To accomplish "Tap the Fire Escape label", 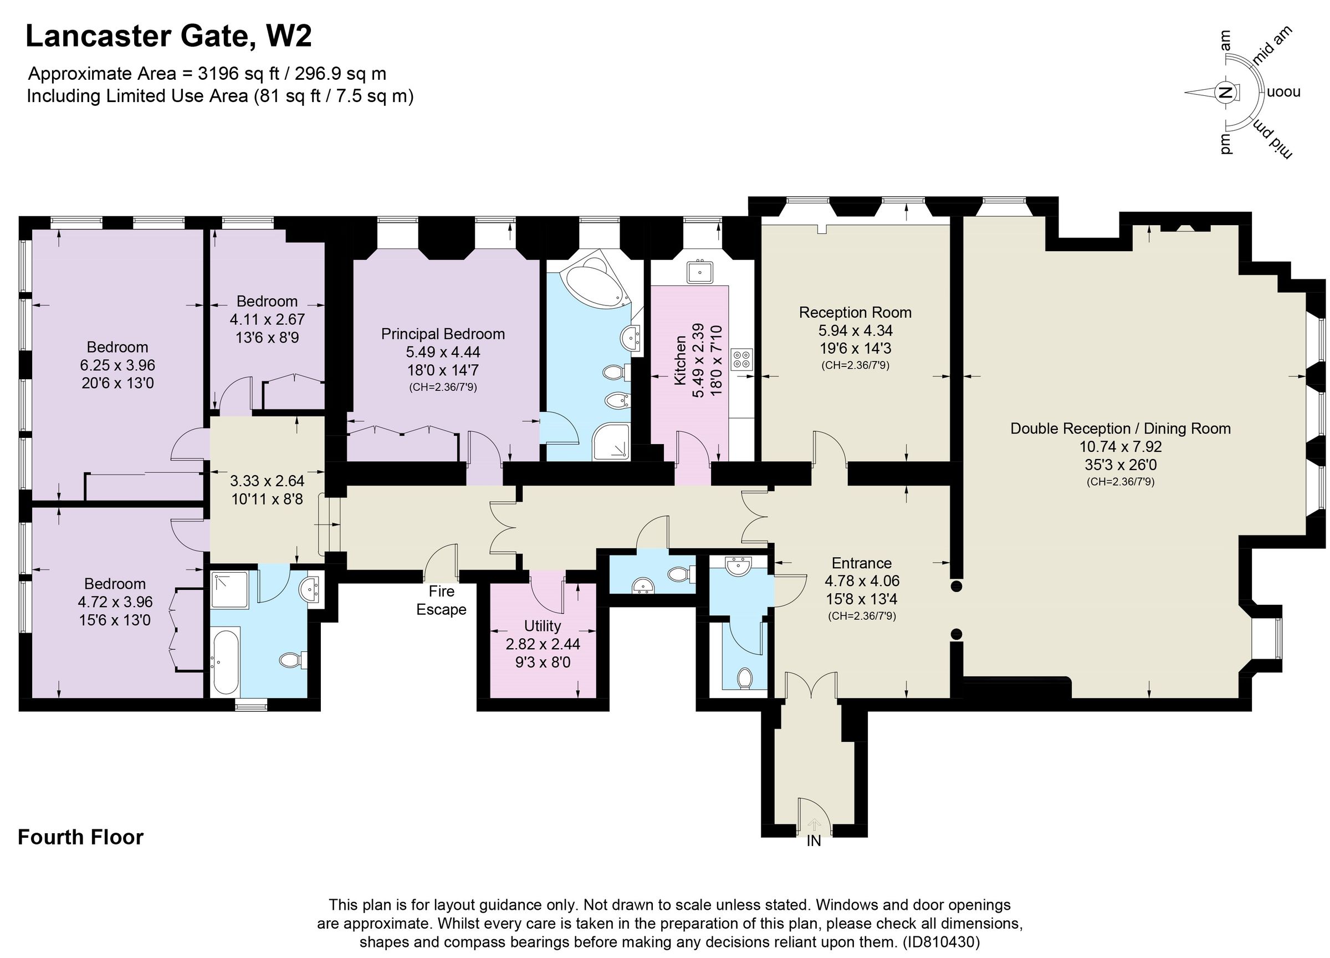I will point(441,600).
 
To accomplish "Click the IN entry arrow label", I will point(814,840).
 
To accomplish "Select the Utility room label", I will point(542,625).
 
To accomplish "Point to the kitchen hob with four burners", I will point(742,359).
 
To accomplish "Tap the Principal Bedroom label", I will point(443,334).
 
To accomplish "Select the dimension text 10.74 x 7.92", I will point(1120,446).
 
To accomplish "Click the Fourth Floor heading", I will point(81,837).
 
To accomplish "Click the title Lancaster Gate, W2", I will point(169,37).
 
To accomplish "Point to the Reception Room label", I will point(855,312).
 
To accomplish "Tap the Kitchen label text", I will point(679,360).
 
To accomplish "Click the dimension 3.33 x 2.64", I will point(267,481).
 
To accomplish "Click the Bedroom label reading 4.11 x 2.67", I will point(267,301).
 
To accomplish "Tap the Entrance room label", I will point(861,563).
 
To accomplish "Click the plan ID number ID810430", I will point(940,942).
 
